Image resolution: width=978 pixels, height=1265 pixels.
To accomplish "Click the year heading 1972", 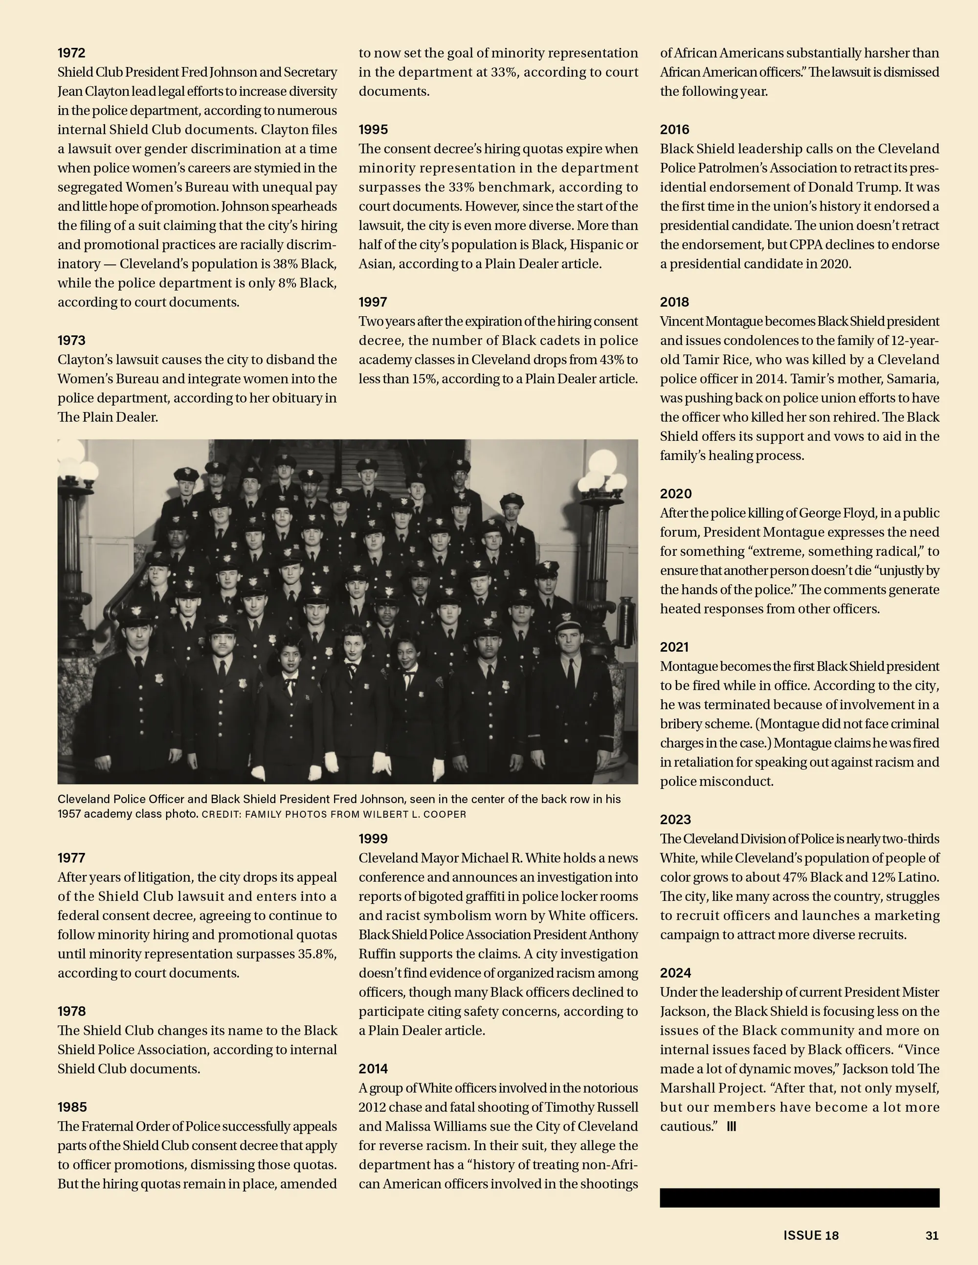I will coord(71,53).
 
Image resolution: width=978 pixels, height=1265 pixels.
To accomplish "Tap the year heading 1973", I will coord(71,341).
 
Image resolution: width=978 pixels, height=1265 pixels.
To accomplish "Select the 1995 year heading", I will coord(373,130).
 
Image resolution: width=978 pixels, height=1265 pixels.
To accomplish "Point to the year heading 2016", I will coord(674,130).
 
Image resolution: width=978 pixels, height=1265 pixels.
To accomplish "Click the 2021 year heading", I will coord(674,647).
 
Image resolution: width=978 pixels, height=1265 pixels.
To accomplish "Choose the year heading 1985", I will coord(72,1107).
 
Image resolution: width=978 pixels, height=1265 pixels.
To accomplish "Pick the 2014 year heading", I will coord(373,1069).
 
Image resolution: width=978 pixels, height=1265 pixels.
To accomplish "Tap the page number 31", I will coord(932,1236).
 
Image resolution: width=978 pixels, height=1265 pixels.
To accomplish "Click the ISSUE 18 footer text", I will coord(811,1236).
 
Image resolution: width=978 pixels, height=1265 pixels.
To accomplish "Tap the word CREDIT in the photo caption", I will coord(221,814).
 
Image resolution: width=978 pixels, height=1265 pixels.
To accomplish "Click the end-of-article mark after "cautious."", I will coord(731,1127).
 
